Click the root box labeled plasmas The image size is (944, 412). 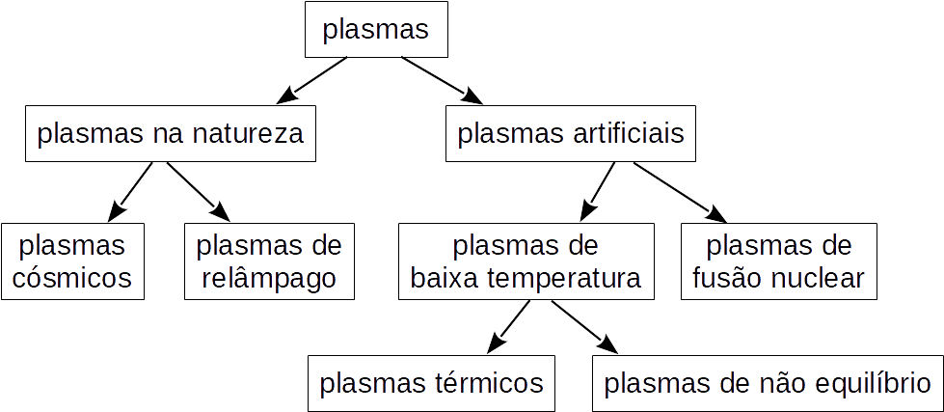[x=376, y=30]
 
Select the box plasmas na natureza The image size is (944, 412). [x=171, y=133]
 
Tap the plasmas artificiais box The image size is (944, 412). [x=571, y=133]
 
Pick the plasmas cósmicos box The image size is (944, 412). [x=73, y=261]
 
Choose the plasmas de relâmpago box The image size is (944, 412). [x=269, y=261]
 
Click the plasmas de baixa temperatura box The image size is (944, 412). [x=526, y=261]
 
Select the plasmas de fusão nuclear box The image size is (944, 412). [x=779, y=261]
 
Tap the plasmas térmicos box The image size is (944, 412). [x=431, y=383]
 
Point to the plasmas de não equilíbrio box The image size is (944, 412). [x=768, y=383]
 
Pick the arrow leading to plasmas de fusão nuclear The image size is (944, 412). [x=679, y=191]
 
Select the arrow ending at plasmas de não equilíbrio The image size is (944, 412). [x=583, y=326]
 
